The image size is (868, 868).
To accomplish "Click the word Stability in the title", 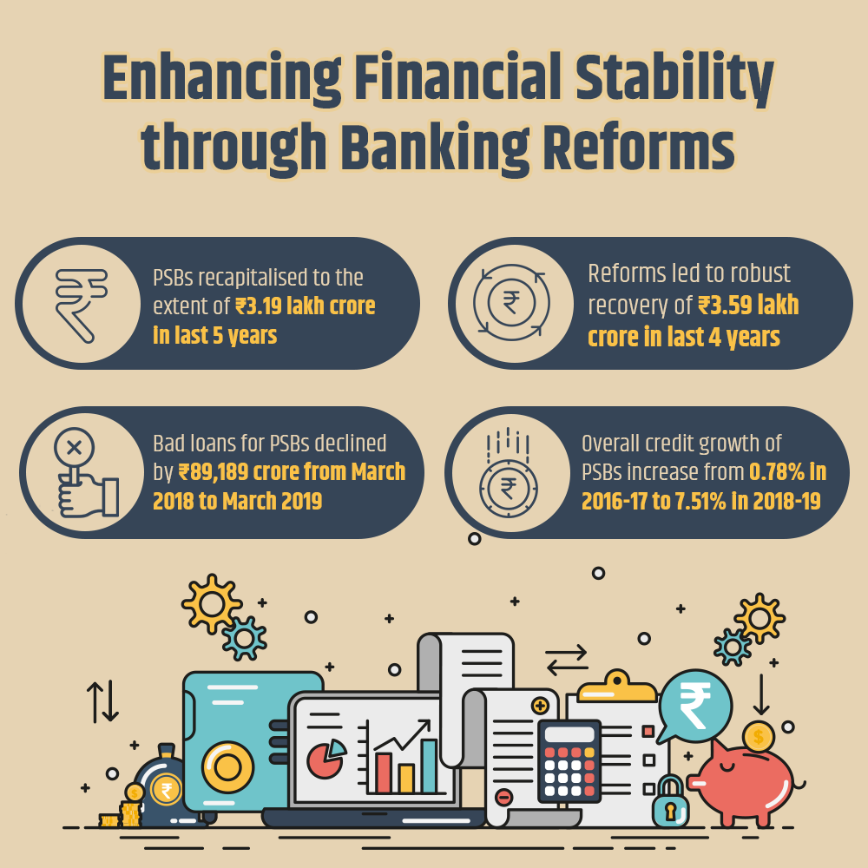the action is pyautogui.click(x=674, y=80).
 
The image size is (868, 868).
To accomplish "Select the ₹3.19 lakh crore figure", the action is pyautogui.click(x=306, y=306).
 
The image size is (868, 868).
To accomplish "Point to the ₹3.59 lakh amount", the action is pyautogui.click(x=748, y=305).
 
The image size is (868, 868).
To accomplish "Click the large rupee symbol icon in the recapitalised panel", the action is pyautogui.click(x=82, y=305).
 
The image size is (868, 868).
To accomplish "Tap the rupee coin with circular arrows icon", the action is pyautogui.click(x=511, y=302).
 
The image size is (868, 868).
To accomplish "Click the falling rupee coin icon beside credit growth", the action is pyautogui.click(x=508, y=474).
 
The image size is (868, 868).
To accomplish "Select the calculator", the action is pyautogui.click(x=569, y=761).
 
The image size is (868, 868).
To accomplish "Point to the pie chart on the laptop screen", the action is pyautogui.click(x=326, y=757).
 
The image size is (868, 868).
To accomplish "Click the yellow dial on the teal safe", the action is pyautogui.click(x=227, y=767).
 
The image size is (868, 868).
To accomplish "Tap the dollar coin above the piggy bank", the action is pyautogui.click(x=759, y=737).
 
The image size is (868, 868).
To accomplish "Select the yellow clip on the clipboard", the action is pyautogui.click(x=617, y=687).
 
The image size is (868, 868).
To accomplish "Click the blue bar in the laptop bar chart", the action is pyautogui.click(x=429, y=766).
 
